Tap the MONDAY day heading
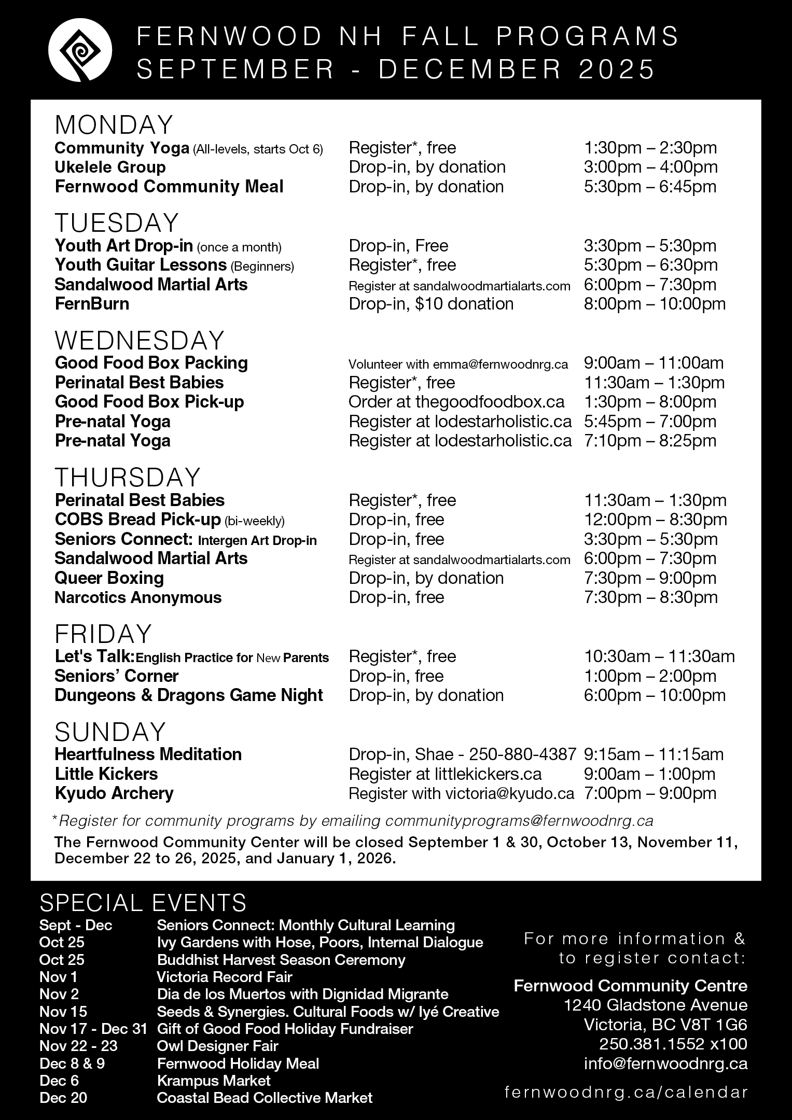point(114,125)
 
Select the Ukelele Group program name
point(110,167)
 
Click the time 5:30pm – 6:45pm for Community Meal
point(650,187)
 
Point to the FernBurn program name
point(92,304)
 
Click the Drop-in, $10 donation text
point(431,304)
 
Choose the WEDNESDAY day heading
point(140,341)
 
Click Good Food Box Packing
point(151,363)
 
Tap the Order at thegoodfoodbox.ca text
point(456,402)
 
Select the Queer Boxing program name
point(109,578)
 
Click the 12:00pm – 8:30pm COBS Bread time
point(655,520)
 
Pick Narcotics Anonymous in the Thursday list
point(138,598)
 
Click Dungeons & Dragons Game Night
point(189,695)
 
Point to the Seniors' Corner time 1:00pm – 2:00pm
point(650,676)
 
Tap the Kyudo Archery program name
point(114,793)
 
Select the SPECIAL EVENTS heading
point(143,903)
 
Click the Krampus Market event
point(214,1081)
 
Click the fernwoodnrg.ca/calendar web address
point(626,1093)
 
